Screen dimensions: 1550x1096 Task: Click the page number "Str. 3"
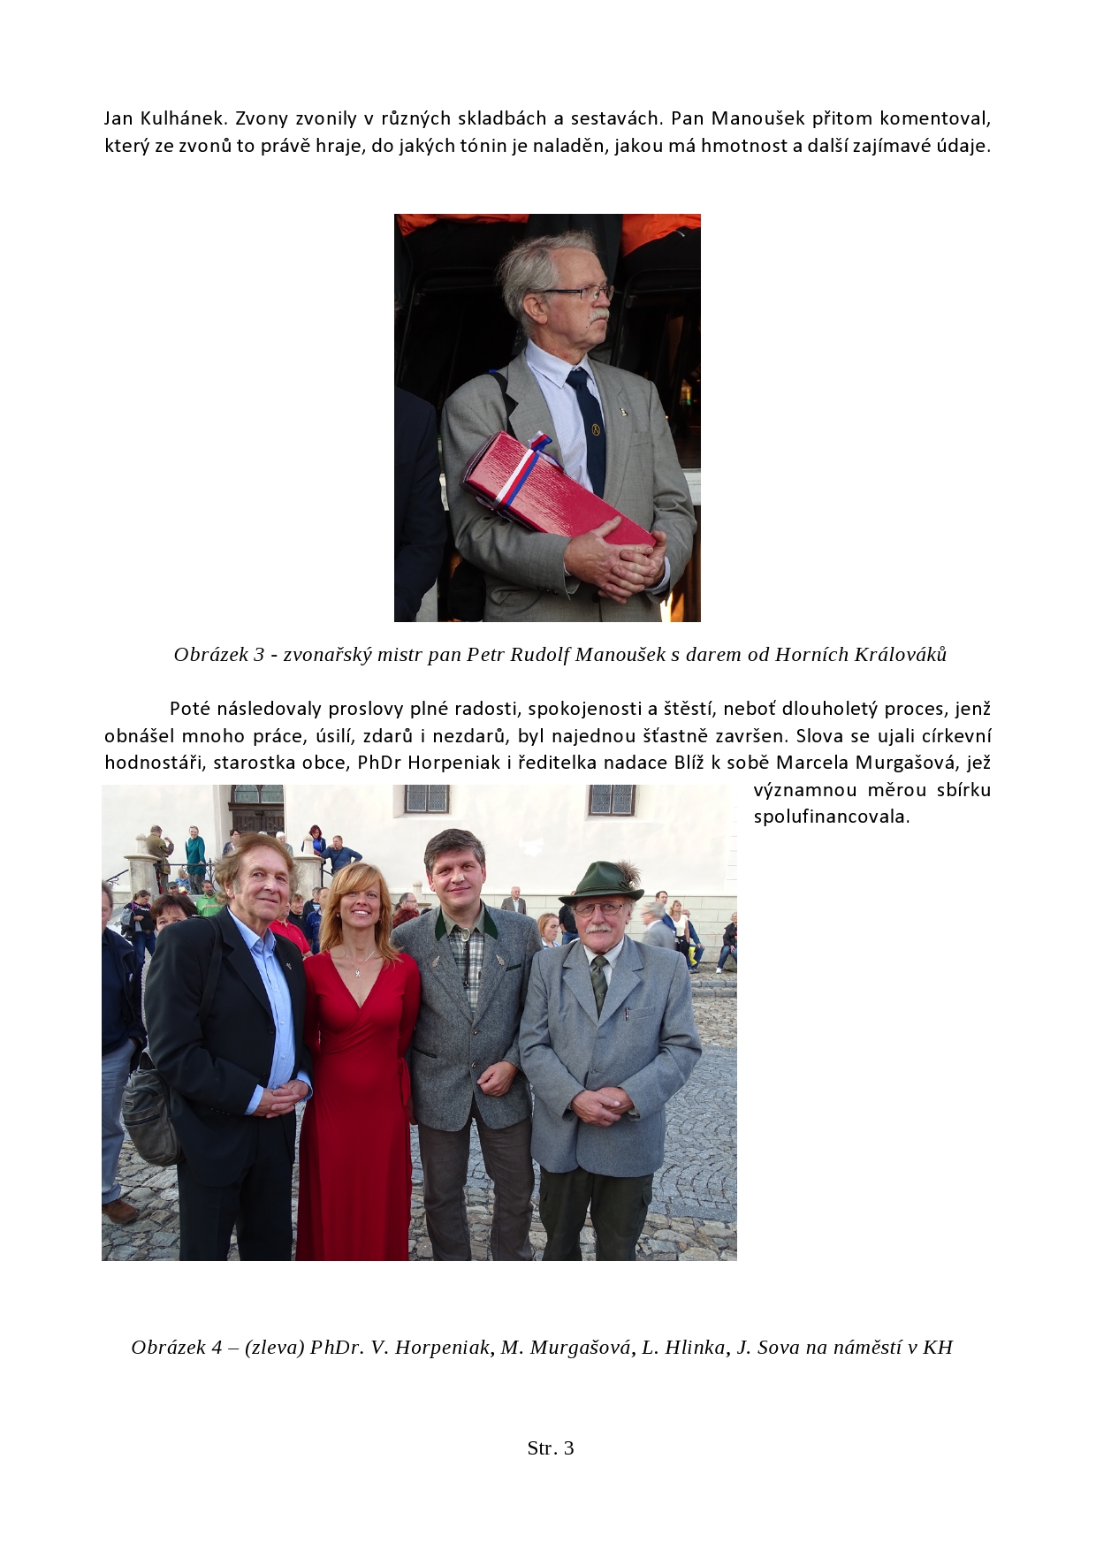pos(550,1447)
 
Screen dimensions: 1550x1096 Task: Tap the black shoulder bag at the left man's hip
pos(152,1113)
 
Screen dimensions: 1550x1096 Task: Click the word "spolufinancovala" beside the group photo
pos(831,817)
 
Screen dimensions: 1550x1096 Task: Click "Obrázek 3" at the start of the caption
pos(218,655)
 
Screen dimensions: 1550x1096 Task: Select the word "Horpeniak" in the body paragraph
pos(454,763)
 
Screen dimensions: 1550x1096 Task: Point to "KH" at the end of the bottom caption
pos(938,1348)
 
